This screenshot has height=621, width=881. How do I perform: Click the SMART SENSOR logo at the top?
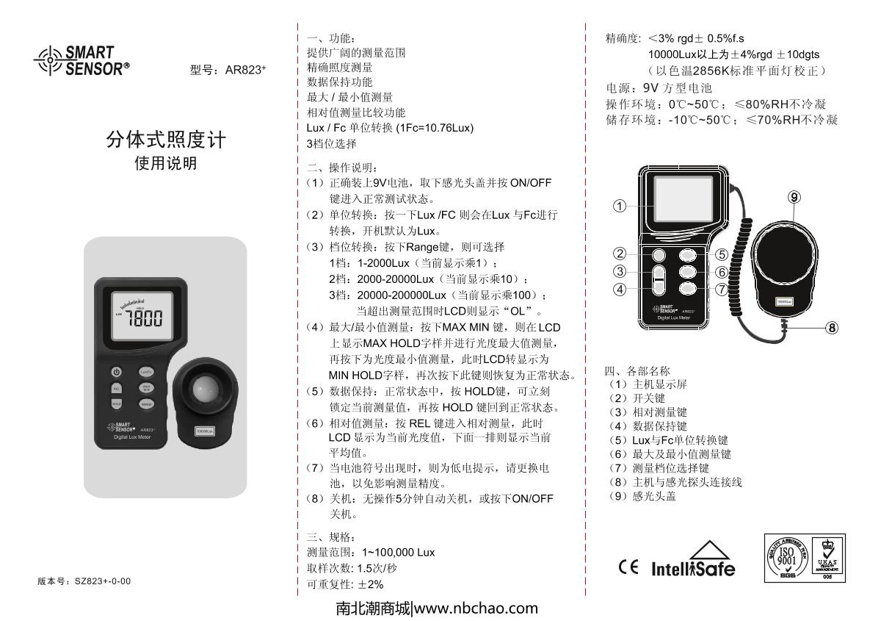(x=81, y=60)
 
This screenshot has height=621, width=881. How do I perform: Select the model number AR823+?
(x=245, y=70)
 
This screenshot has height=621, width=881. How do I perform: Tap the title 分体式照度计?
(x=166, y=140)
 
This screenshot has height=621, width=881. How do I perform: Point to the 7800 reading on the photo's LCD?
(x=144, y=317)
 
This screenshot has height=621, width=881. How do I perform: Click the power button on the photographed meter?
(x=116, y=372)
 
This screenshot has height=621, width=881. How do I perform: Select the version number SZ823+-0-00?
(x=103, y=581)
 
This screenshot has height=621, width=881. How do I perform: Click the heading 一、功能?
(x=331, y=38)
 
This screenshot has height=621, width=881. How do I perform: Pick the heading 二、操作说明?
(x=342, y=168)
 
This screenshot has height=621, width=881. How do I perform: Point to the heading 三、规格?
(x=331, y=536)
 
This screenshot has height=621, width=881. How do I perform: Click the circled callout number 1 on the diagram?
(x=620, y=206)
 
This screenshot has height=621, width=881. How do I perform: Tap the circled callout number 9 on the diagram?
(x=794, y=197)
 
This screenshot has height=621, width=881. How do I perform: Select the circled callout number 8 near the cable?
(x=832, y=328)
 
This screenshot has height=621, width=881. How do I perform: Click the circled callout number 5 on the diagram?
(x=722, y=254)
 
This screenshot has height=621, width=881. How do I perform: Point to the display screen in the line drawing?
(x=684, y=199)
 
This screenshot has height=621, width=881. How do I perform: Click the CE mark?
(x=628, y=567)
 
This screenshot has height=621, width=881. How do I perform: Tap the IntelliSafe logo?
(x=693, y=559)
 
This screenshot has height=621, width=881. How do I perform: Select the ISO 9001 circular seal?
(x=786, y=558)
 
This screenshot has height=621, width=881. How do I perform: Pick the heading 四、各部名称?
(x=637, y=370)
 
